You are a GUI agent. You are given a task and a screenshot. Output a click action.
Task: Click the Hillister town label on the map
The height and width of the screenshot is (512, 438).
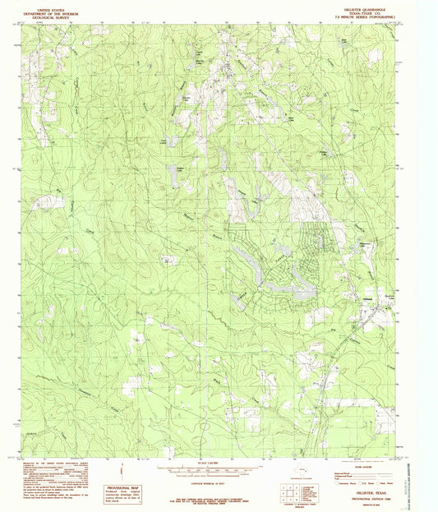pyautogui.click(x=369, y=300)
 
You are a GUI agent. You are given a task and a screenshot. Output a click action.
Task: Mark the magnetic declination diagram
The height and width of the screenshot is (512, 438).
pyautogui.click(x=121, y=471)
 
